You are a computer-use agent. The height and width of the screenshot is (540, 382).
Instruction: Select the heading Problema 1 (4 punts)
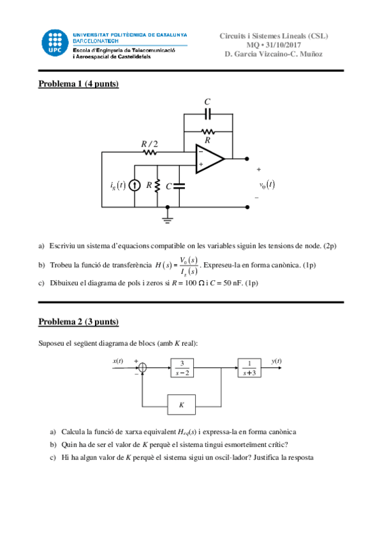pyautogui.click(x=78, y=84)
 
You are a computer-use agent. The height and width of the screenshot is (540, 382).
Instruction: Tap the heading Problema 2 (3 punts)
pyautogui.click(x=78, y=321)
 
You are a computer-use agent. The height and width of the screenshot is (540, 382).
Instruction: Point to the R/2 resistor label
pyautogui.click(x=149, y=143)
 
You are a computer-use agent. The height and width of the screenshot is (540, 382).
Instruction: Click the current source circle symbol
pyautogui.click(x=135, y=186)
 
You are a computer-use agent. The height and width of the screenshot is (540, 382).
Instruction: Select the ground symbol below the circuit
pyautogui.click(x=168, y=218)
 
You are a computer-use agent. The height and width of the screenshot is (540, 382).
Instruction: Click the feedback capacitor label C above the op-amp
pyautogui.click(x=207, y=102)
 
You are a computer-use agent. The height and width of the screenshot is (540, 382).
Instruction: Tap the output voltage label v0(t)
pyautogui.click(x=267, y=185)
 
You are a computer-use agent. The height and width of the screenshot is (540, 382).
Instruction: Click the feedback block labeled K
pyautogui.click(x=182, y=404)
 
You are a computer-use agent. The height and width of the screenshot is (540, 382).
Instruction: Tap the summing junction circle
pyautogui.click(x=143, y=367)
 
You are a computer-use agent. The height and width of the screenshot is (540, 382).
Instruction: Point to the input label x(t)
pyautogui.click(x=118, y=361)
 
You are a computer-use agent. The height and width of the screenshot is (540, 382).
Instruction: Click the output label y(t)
pyautogui.click(x=276, y=361)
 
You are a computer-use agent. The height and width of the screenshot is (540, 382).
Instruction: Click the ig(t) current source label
pyautogui.click(x=117, y=186)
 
